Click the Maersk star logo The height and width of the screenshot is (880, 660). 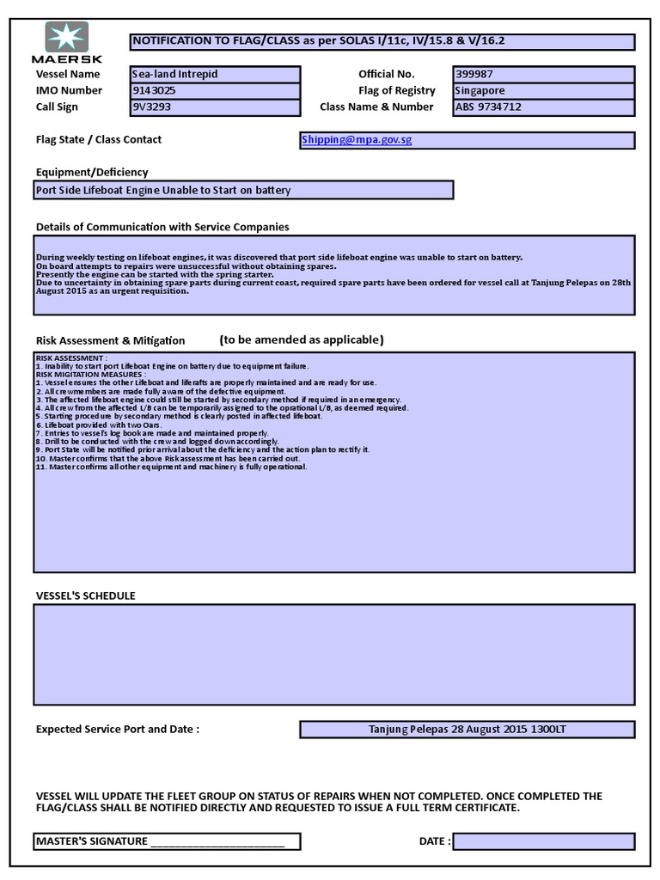point(66,39)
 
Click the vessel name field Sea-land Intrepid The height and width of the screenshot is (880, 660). point(215,74)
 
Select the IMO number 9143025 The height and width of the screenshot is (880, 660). point(215,90)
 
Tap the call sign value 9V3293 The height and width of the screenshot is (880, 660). point(215,107)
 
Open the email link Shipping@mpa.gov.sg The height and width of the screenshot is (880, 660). point(357,140)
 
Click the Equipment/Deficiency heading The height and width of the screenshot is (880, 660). point(92,172)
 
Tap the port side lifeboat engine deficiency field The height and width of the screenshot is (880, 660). point(243,190)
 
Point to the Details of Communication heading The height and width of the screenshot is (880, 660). point(162,227)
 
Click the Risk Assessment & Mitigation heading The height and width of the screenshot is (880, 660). point(110,340)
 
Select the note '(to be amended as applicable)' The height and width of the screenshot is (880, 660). point(301,339)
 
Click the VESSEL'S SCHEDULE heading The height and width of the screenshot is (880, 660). point(85,596)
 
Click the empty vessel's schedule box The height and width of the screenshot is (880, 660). point(335,654)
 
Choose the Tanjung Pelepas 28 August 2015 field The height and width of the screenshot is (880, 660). point(467,730)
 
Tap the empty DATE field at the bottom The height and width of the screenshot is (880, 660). point(544,841)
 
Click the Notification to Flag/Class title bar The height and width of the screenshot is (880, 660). point(382,42)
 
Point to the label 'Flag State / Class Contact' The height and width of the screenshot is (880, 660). point(99,139)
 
